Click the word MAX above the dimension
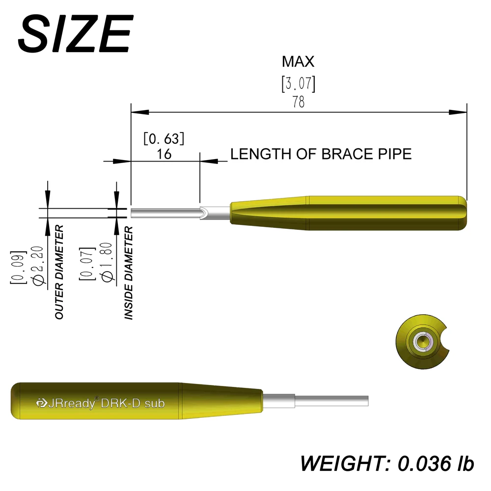298,62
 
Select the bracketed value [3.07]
298,84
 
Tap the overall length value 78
298,102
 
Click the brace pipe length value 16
164,154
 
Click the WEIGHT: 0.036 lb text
387,463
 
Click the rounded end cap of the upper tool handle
463,213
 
